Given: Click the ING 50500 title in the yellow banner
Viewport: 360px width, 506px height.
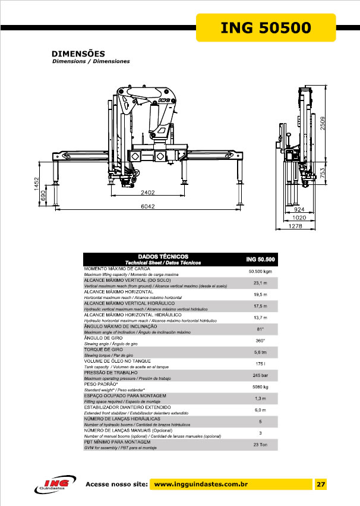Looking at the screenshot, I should coord(266,27).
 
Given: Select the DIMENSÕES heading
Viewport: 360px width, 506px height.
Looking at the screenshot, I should coord(78,54).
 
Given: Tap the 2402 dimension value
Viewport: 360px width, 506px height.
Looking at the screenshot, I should coord(147,193).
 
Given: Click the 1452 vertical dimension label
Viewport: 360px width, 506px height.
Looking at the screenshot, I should coord(36,184).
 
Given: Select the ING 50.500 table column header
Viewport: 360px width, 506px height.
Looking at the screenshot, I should coord(260,259).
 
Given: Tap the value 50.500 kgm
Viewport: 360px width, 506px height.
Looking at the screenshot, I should coord(260,272).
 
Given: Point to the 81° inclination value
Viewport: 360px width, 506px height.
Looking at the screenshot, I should coord(260,328).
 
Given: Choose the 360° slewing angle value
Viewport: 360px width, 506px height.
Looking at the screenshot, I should coord(260,340).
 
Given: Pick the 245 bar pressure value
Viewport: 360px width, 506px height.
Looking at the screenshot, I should coord(260,375).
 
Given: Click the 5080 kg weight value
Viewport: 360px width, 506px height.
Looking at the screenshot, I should coord(260,387).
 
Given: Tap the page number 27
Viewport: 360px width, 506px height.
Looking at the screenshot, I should coord(321,484).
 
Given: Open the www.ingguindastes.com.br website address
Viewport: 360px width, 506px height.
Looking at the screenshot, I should coord(200,485).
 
